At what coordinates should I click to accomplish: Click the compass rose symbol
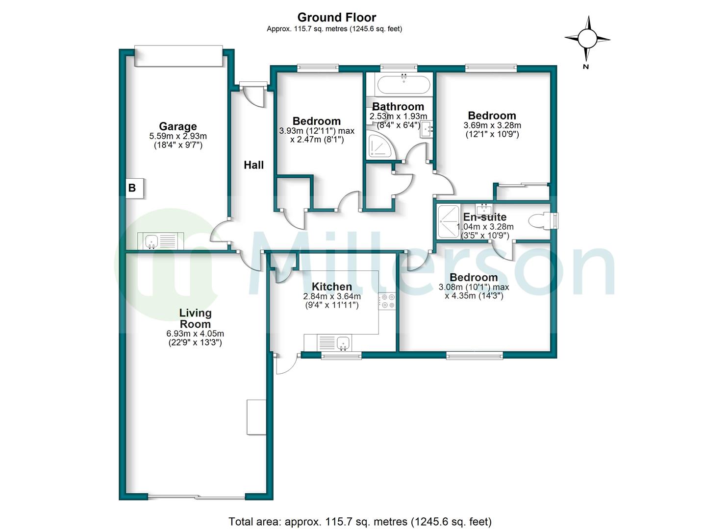587,38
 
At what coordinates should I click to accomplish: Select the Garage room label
177,126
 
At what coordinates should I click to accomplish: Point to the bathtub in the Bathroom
403,84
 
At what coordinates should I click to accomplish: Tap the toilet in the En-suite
543,220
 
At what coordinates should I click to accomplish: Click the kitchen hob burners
387,301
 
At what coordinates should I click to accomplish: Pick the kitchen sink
342,342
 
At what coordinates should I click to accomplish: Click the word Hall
253,166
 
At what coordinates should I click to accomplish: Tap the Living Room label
195,318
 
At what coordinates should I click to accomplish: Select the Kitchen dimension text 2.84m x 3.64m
332,296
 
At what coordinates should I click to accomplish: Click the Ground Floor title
336,18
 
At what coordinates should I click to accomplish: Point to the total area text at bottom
360,522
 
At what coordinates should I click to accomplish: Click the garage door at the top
178,56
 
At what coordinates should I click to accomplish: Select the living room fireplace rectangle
256,417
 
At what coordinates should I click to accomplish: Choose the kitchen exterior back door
287,363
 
